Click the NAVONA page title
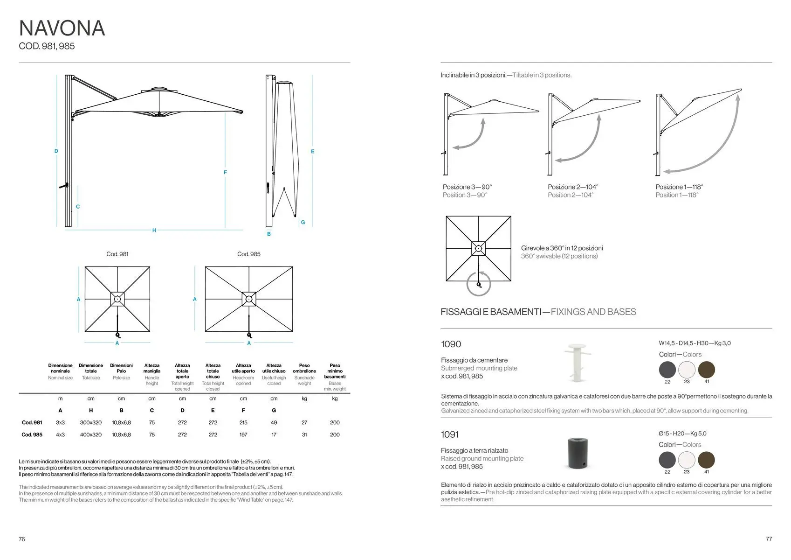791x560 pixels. (x=62, y=28)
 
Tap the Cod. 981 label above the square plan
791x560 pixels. (x=117, y=254)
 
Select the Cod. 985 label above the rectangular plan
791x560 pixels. (x=249, y=254)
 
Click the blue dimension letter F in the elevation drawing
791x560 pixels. (x=225, y=173)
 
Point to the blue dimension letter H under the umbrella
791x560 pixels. (x=154, y=231)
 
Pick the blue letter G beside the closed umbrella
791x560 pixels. (x=303, y=223)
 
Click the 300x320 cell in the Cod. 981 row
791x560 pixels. (x=91, y=423)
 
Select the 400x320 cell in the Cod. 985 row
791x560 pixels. (x=91, y=435)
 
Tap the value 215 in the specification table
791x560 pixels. (x=243, y=423)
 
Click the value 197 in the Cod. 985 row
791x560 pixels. (x=243, y=435)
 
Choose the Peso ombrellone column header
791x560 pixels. (x=304, y=369)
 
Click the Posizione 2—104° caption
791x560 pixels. (x=573, y=187)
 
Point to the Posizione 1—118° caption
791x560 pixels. (x=679, y=187)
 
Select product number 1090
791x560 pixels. (x=451, y=344)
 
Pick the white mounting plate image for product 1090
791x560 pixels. (x=577, y=362)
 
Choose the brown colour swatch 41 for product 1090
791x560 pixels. (x=707, y=370)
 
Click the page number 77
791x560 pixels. (x=769, y=539)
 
